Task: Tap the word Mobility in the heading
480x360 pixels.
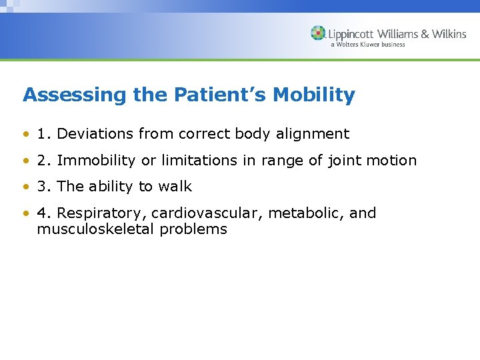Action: pos(320,95)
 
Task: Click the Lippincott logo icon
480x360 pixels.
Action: pos(318,33)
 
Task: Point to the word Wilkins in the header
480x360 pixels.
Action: pos(449,34)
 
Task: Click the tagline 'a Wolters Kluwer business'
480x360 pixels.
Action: pos(367,45)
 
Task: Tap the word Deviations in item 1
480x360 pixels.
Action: pos(95,134)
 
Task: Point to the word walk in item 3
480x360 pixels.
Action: pos(175,187)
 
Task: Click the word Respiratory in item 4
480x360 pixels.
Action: pos(101,213)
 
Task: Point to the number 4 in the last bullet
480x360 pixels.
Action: pos(42,213)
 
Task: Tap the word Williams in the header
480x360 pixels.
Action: pos(400,34)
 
